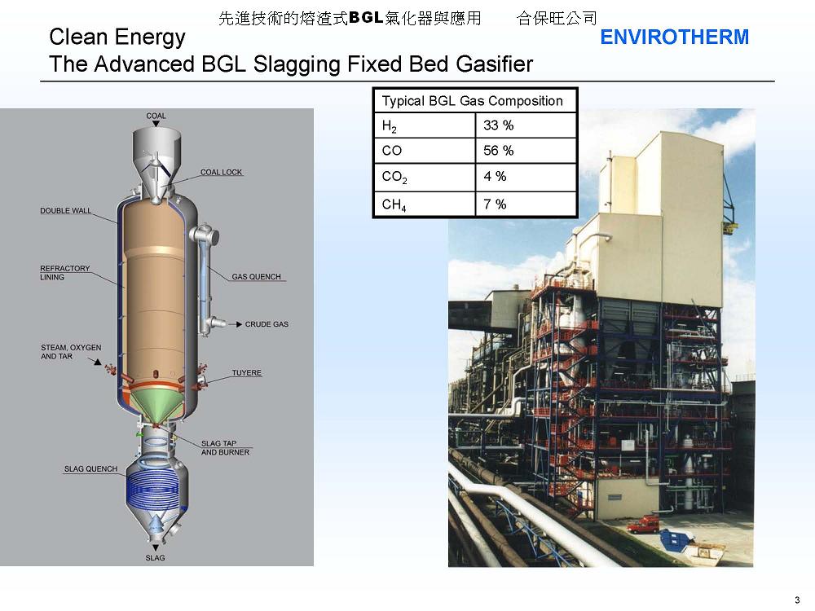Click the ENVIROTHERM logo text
(674, 37)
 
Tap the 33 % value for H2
(498, 125)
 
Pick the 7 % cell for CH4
(495, 204)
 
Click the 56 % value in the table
(498, 151)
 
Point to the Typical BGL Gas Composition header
(472, 101)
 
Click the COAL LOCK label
(221, 173)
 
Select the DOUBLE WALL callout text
(66, 211)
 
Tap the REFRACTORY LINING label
(65, 273)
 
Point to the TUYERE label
(246, 373)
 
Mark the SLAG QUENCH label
(90, 469)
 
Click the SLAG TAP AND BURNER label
(225, 448)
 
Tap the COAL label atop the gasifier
(156, 116)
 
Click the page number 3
(796, 600)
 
